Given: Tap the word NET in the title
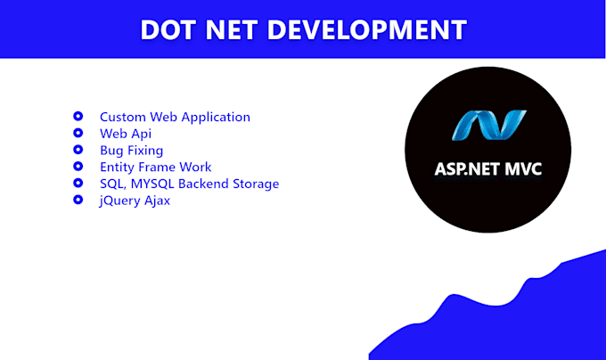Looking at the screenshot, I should tap(234, 29).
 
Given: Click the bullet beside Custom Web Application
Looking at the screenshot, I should tap(78, 117).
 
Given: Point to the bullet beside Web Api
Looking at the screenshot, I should tap(78, 134).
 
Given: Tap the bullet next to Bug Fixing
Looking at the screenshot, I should tap(78, 150).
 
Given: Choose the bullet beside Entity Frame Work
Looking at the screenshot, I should tap(78, 167).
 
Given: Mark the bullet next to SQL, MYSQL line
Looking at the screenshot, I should tap(78, 184).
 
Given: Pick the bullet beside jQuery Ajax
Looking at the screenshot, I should tap(78, 200).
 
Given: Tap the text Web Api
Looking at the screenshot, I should tap(126, 134).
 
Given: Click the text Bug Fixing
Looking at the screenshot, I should tap(131, 151).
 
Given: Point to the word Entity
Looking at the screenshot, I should tap(117, 168).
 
